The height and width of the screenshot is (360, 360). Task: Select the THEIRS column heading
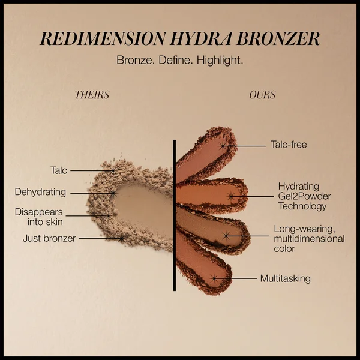coord(92,95)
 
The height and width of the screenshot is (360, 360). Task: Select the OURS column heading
coord(262,95)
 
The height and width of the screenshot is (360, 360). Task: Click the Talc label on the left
coord(59,170)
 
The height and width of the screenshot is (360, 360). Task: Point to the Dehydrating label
coord(40,193)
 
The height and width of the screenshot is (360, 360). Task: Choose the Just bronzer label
coord(49,238)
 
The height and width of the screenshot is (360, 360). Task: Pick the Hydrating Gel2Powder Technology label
coord(304,196)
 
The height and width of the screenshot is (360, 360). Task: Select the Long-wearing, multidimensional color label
coord(308,238)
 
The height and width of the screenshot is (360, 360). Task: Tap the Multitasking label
coord(285,278)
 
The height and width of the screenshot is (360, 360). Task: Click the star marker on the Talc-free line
coord(223,145)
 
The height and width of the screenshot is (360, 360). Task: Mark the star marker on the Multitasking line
coord(214,278)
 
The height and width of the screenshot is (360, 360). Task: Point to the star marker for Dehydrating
coord(112,193)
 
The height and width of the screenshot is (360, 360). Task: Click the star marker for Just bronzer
coord(121,238)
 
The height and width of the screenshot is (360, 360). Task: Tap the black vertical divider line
coord(174,216)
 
